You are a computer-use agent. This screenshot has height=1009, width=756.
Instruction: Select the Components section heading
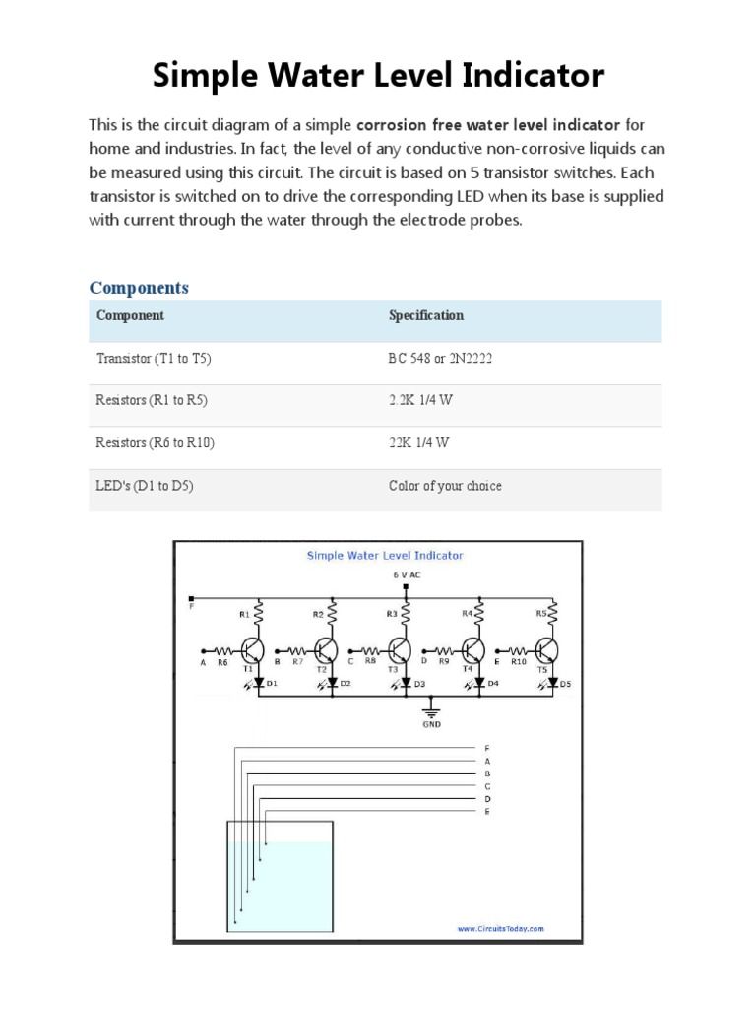click(x=139, y=288)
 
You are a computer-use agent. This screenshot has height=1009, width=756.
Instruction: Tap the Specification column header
click(x=425, y=315)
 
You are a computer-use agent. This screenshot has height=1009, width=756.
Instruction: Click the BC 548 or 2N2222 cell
click(x=440, y=359)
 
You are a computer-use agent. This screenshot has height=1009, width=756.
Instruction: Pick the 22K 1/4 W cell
click(x=418, y=442)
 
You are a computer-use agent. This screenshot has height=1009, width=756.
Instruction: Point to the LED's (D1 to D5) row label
click(x=145, y=486)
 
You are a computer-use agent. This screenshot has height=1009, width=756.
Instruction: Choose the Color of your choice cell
click(x=445, y=486)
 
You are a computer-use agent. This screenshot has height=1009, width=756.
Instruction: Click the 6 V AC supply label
click(x=407, y=573)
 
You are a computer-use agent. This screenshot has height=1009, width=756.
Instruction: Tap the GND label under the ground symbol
click(x=431, y=724)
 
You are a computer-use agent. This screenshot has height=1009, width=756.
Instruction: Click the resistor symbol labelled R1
click(x=259, y=615)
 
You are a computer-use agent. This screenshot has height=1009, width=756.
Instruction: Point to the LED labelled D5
click(x=553, y=682)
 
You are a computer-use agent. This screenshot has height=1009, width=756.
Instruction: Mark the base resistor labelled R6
click(x=223, y=651)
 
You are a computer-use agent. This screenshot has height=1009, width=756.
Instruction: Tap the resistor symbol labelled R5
click(x=553, y=615)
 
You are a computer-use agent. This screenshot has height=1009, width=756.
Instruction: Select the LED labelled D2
click(x=332, y=682)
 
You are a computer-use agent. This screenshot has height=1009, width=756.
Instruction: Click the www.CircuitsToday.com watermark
click(x=500, y=928)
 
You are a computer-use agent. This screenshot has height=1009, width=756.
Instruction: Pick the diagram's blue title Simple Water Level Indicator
click(x=384, y=555)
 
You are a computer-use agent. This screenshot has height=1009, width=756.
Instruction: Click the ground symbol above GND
click(x=431, y=708)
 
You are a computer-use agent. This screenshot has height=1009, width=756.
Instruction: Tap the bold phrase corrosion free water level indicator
click(x=487, y=125)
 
